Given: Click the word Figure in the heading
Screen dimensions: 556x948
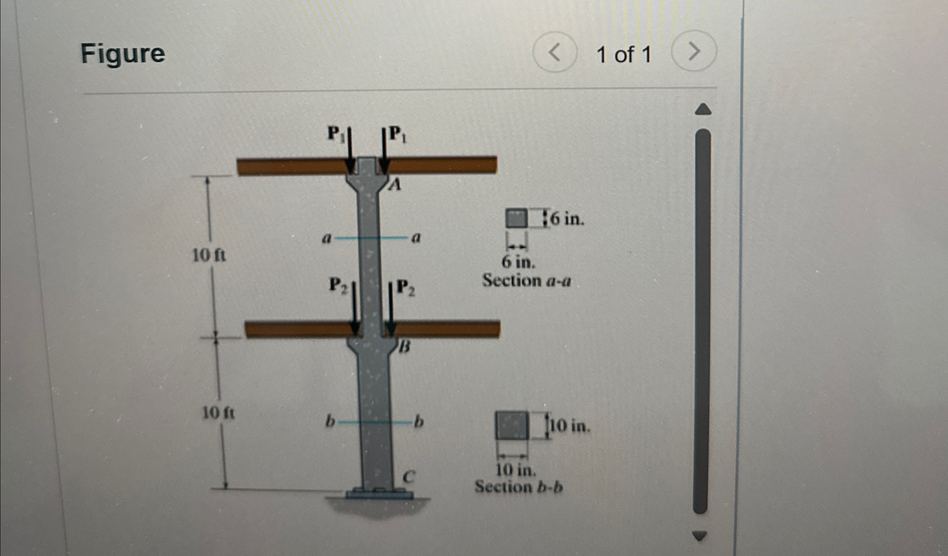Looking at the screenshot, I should (123, 54).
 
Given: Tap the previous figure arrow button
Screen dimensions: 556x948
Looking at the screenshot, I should (555, 52).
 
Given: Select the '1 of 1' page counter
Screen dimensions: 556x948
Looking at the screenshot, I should (624, 54).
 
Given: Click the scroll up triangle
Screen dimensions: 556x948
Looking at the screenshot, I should (703, 109).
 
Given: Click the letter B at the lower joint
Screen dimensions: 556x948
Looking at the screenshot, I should (404, 347).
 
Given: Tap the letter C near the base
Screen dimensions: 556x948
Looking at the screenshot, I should (408, 477).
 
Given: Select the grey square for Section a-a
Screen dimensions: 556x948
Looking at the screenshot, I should (516, 218).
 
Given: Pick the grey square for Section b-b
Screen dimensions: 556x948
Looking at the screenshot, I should (511, 425).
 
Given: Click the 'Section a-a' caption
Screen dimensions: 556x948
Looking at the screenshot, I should (526, 280).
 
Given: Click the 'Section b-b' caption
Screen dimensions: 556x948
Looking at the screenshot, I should (518, 487).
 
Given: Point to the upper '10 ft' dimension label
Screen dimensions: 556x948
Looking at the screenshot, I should (209, 255).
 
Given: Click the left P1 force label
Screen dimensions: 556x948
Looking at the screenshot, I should (335, 133).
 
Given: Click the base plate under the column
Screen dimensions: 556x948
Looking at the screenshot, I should (380, 494).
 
